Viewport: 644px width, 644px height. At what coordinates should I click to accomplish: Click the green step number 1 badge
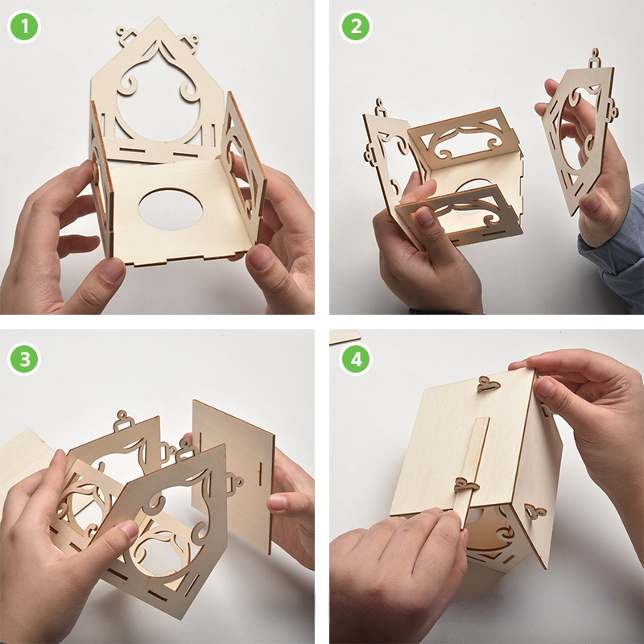[24, 27]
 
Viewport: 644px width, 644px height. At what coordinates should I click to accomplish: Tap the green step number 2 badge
[356, 27]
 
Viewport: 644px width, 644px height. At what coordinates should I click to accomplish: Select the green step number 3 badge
[24, 358]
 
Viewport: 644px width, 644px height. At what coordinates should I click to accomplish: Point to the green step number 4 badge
[356, 358]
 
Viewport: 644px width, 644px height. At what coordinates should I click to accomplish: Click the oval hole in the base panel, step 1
[171, 209]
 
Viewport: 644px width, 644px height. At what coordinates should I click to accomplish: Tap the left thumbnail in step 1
[111, 270]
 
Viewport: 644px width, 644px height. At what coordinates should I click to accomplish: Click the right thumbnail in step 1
[260, 258]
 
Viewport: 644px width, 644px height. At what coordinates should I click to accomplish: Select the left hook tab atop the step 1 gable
[127, 35]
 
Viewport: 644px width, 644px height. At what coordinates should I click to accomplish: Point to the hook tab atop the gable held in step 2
[595, 59]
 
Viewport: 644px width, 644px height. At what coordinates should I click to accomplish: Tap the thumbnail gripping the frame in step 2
[425, 216]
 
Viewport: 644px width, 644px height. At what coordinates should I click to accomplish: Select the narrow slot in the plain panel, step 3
[261, 473]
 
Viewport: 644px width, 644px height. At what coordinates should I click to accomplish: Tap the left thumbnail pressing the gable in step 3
[128, 529]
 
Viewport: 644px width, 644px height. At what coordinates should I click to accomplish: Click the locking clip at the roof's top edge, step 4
[489, 385]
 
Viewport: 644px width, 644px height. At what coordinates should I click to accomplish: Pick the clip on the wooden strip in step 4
[466, 485]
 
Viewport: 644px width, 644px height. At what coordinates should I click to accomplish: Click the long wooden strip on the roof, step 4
[473, 473]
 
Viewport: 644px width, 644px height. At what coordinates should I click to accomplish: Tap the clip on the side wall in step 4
[535, 512]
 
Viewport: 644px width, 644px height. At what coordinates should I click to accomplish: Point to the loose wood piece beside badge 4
[345, 336]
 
